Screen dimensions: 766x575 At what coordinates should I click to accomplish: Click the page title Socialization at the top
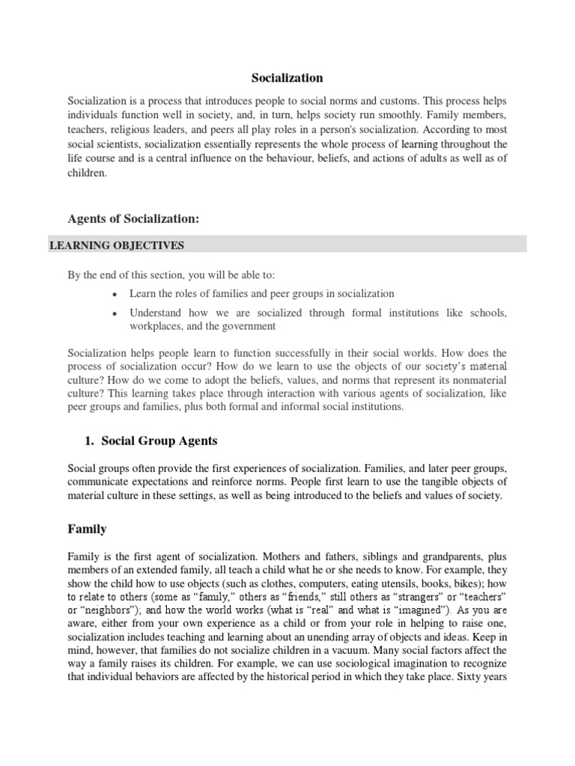pyautogui.click(x=287, y=78)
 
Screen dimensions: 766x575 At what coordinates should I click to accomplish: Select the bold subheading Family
pyautogui.click(x=87, y=529)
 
